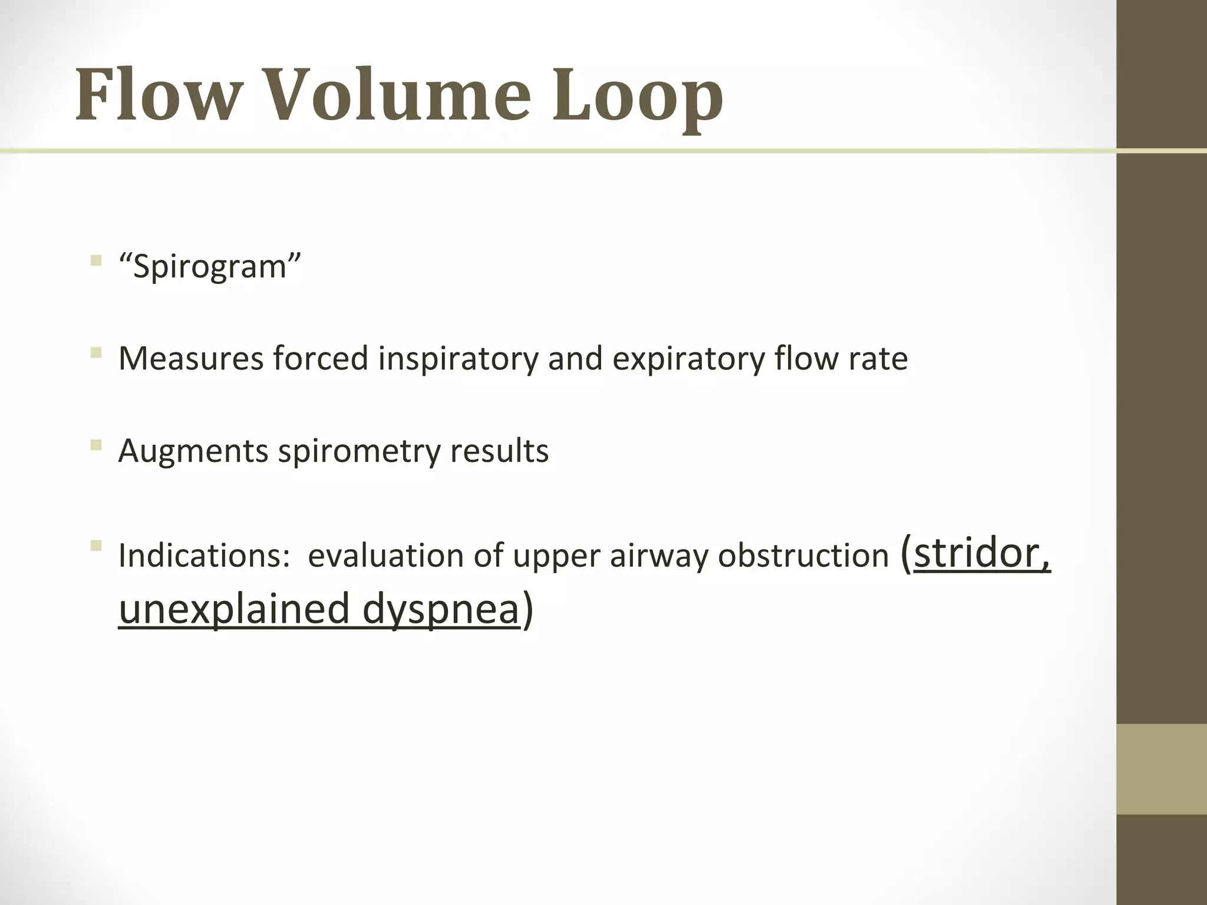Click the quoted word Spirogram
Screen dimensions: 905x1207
(209, 267)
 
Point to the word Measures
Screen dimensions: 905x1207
(190, 358)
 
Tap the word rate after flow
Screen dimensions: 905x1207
(878, 358)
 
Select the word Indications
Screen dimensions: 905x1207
(200, 556)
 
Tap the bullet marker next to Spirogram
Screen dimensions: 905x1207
(95, 261)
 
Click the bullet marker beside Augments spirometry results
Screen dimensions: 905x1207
(95, 445)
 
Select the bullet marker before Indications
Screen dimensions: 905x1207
(95, 546)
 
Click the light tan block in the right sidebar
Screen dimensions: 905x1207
(1161, 769)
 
